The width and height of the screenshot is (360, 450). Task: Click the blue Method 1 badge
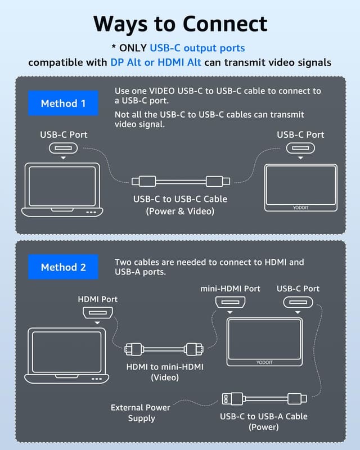coord(63,103)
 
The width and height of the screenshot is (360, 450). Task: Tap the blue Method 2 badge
coord(63,267)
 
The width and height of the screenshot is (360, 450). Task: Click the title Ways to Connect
coord(180,24)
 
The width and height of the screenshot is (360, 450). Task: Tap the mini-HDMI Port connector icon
coord(230,304)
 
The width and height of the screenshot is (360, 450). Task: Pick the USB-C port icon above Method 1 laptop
coord(64,148)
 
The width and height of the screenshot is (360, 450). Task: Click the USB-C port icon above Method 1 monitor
coord(300,148)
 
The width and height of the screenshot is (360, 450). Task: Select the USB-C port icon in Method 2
coord(298,304)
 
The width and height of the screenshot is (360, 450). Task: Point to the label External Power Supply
coord(141,413)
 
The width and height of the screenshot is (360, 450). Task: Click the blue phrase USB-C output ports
coord(197,48)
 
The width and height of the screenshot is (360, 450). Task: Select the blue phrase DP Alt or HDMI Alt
coord(156,62)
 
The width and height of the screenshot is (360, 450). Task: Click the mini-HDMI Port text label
coord(230,289)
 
